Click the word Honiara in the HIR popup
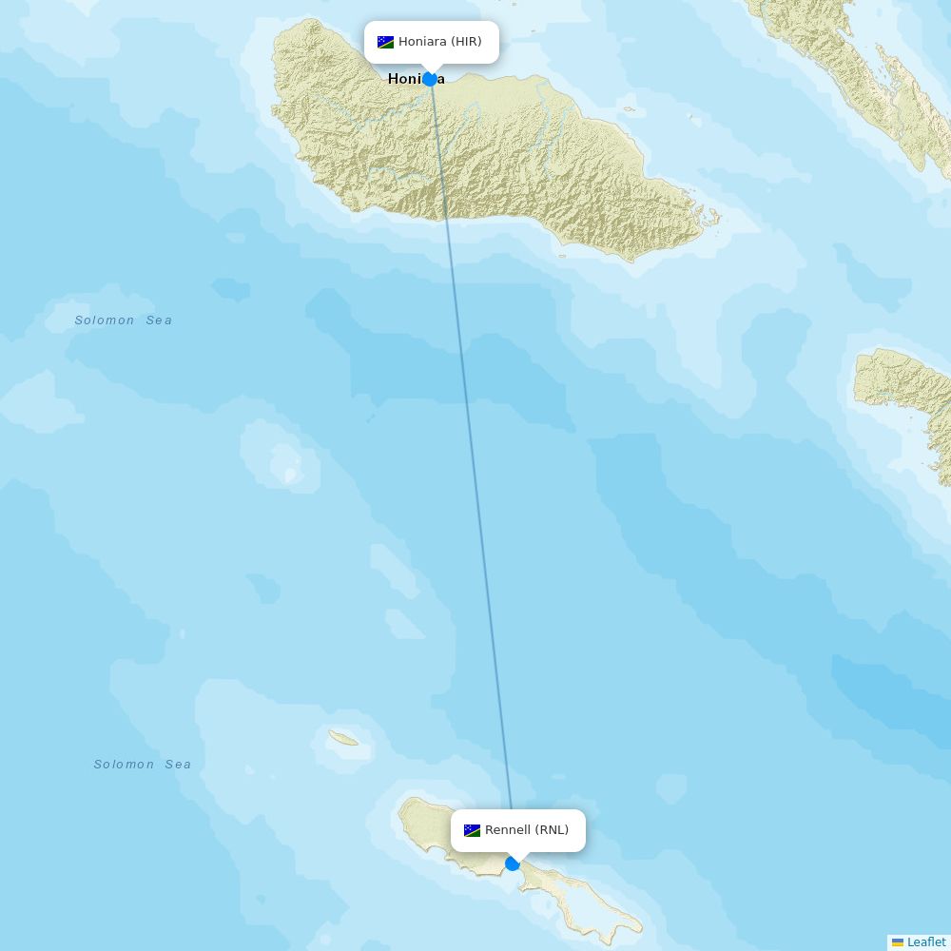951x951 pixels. tap(422, 42)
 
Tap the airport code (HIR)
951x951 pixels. tap(466, 42)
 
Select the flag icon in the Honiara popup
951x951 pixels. tap(385, 42)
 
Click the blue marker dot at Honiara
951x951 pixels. tap(430, 79)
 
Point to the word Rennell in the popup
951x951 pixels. tap(508, 830)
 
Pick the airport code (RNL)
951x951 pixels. tap(552, 830)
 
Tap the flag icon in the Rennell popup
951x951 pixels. tap(472, 830)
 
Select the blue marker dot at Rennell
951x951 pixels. tap(513, 864)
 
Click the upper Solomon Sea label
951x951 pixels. tap(124, 320)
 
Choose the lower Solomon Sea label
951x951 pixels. tap(143, 765)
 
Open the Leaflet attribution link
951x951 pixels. tap(925, 942)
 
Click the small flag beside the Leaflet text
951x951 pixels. tap(898, 942)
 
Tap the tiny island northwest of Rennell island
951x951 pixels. tap(343, 738)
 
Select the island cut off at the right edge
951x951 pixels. tap(908, 390)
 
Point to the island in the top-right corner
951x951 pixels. tap(856, 67)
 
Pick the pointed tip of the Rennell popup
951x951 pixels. tap(517, 856)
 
